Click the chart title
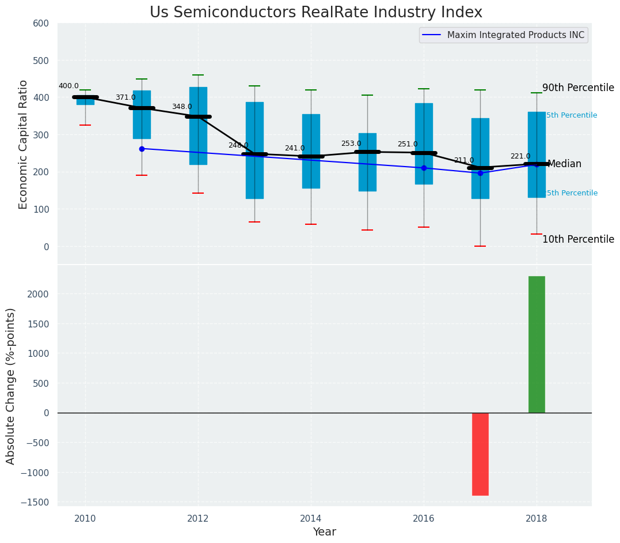(x=316, y=13)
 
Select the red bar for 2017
(x=480, y=454)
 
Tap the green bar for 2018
(x=537, y=345)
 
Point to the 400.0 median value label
(x=69, y=86)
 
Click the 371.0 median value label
(x=125, y=97)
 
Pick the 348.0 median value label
(x=182, y=107)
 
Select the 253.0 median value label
(x=351, y=144)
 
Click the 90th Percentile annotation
(x=578, y=88)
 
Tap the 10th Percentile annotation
(x=578, y=239)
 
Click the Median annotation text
(x=564, y=164)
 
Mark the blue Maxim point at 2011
(x=142, y=149)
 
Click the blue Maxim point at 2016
(x=424, y=168)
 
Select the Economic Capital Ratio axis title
(x=24, y=144)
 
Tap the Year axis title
(x=324, y=532)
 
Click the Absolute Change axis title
(x=11, y=386)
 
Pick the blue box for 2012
(x=198, y=126)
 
